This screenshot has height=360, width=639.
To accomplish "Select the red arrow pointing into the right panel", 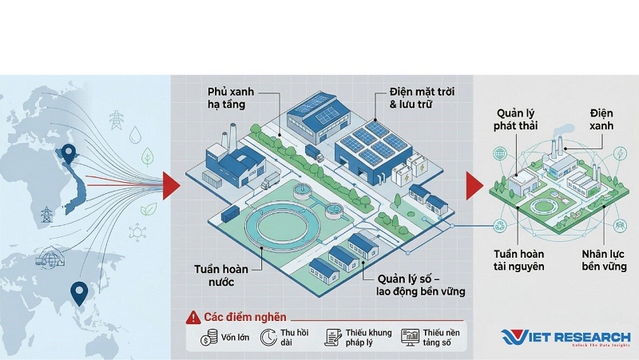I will coord(474,186).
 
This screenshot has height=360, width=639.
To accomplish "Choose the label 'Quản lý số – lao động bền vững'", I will coord(421,285).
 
